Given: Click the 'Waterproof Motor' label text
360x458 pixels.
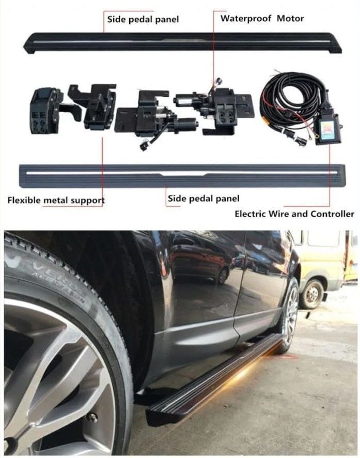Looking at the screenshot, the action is [x=262, y=19].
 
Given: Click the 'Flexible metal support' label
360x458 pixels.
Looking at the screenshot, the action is [x=56, y=201].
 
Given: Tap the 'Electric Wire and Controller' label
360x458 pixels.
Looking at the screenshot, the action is [x=294, y=214].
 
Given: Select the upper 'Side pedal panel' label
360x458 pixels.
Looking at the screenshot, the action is [x=143, y=20].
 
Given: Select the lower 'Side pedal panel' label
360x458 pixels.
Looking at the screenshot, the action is [x=204, y=199].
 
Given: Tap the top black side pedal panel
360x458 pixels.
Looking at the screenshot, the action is [x=182, y=42].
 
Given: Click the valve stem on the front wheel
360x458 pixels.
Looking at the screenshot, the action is [x=93, y=418].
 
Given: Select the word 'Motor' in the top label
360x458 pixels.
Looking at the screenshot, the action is [x=290, y=19].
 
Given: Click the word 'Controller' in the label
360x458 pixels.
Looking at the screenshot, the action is [x=332, y=214].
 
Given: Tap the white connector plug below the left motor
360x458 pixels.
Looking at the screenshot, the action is [x=144, y=145].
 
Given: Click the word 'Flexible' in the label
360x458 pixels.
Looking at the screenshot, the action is [x=24, y=201].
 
